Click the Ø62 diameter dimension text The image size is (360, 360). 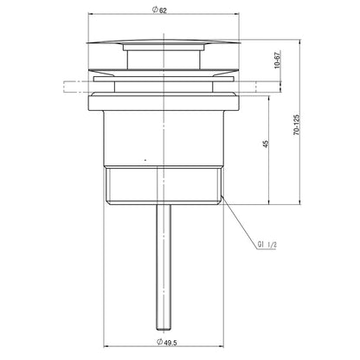point(159,10)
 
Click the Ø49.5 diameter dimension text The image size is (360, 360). point(167,343)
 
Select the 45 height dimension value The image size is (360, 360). point(266,144)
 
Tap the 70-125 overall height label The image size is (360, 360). point(297,125)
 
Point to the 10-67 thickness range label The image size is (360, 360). point(277,60)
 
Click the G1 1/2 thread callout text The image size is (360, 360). point(267,245)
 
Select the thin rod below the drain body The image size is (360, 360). point(164,267)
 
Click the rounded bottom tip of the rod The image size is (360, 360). point(164,329)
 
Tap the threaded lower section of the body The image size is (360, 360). point(164,185)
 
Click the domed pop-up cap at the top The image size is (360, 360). point(164,42)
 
